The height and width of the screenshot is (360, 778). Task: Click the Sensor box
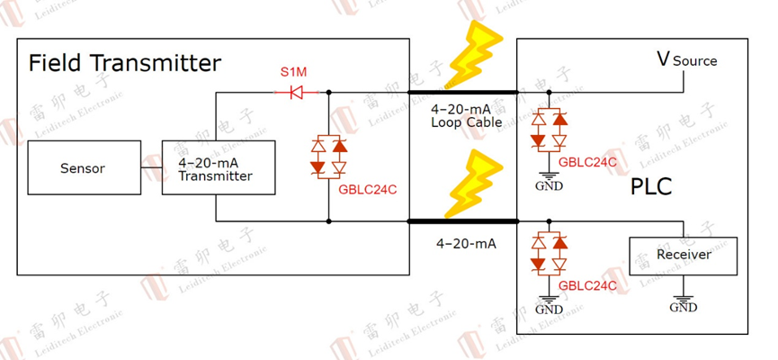coord(83,168)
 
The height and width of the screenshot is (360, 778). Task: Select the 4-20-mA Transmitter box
coord(215,168)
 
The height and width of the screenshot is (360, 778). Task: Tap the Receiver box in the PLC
coord(683,256)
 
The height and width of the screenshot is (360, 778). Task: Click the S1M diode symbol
coord(292,92)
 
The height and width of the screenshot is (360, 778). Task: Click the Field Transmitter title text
coord(124,64)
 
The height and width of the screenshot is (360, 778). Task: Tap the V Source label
coord(686,60)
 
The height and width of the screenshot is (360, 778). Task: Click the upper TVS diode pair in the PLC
coord(549,130)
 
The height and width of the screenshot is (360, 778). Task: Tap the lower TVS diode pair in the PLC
coord(549,253)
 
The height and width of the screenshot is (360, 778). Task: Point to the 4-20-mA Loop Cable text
coord(465,115)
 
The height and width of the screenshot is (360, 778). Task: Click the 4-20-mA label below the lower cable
coord(466,243)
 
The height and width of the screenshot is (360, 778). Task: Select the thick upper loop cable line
coord(463,92)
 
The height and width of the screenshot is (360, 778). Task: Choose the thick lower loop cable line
coord(463,221)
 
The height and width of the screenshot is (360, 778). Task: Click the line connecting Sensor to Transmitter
coord(150,168)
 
